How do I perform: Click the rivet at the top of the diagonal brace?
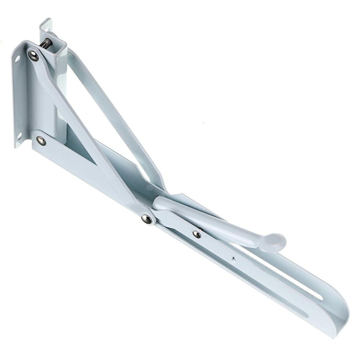[x=33, y=55]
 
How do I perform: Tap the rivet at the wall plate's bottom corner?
[x=41, y=140]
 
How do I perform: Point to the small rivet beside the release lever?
[x=197, y=234]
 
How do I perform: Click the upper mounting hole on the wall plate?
[x=17, y=59]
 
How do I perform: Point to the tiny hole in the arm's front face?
[x=234, y=258]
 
